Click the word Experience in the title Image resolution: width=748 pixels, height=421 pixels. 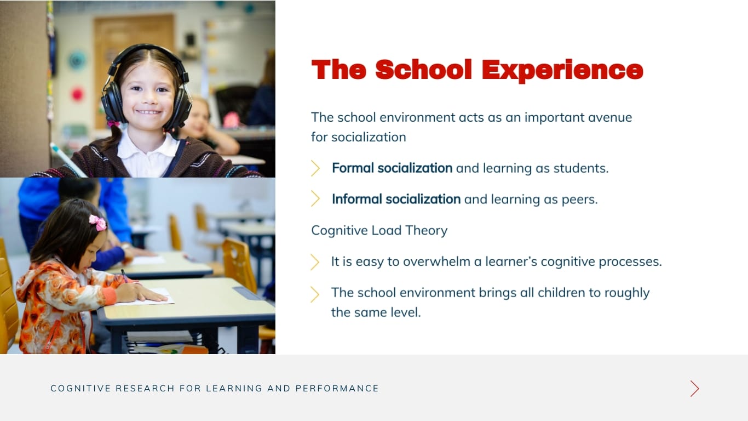tap(562, 70)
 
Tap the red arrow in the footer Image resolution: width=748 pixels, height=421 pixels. tap(694, 389)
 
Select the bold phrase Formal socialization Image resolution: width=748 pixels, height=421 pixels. tap(392, 168)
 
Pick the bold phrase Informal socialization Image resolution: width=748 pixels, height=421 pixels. tap(396, 199)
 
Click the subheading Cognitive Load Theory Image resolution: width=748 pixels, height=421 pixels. tap(379, 230)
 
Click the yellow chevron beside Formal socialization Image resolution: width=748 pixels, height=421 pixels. tap(315, 168)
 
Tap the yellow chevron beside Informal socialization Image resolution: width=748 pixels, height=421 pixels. tap(315, 198)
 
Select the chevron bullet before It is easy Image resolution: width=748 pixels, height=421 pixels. tap(315, 262)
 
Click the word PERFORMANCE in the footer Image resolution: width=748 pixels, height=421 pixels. tap(337, 389)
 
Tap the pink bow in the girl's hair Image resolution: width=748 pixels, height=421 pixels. tap(98, 222)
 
